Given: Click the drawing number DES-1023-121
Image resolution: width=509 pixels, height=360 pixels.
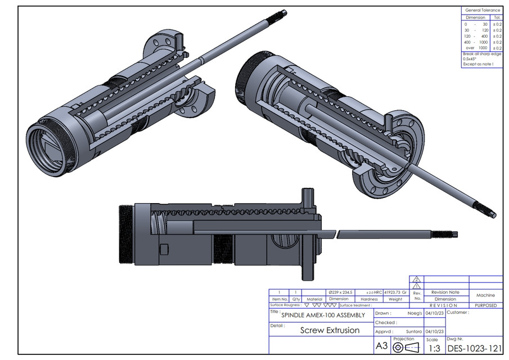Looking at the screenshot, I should (x=474, y=348).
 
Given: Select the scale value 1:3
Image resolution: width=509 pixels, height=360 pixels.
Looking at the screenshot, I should (x=433, y=349).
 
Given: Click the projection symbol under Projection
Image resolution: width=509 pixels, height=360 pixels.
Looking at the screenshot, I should (x=404, y=347).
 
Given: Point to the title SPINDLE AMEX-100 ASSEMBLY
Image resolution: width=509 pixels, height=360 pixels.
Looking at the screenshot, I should (x=323, y=315).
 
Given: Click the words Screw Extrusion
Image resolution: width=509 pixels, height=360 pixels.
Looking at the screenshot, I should (x=330, y=330).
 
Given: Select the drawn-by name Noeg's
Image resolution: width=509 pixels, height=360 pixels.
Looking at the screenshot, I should (x=415, y=313).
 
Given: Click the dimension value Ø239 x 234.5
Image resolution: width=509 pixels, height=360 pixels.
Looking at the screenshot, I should (x=340, y=292).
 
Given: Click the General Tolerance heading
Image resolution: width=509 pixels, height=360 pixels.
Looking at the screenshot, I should (x=482, y=10).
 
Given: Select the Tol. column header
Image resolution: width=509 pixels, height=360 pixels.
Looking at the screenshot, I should (x=497, y=17).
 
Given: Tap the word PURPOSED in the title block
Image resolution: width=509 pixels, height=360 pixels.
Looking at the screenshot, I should (x=485, y=305).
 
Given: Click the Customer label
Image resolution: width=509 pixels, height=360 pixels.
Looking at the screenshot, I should (x=457, y=312).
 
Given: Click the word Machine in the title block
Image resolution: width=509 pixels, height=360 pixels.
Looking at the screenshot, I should (x=485, y=295).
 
